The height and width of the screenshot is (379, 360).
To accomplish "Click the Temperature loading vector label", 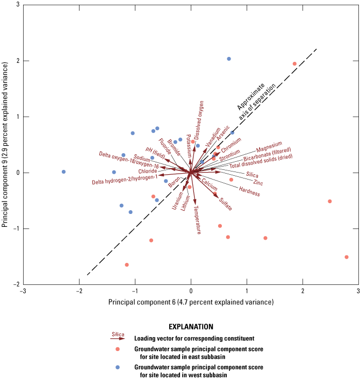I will [197, 220].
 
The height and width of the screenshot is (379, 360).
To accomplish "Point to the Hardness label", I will [249, 191].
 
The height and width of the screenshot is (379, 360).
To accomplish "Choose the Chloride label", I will [147, 171].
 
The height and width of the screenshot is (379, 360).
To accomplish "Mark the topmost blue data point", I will [229, 59].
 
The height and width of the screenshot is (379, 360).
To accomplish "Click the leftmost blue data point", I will [63, 172].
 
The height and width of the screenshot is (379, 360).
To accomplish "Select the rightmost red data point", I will [347, 257].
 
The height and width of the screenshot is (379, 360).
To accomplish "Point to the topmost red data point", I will [294, 64].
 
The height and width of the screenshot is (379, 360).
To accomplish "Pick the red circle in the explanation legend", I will [117, 348].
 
